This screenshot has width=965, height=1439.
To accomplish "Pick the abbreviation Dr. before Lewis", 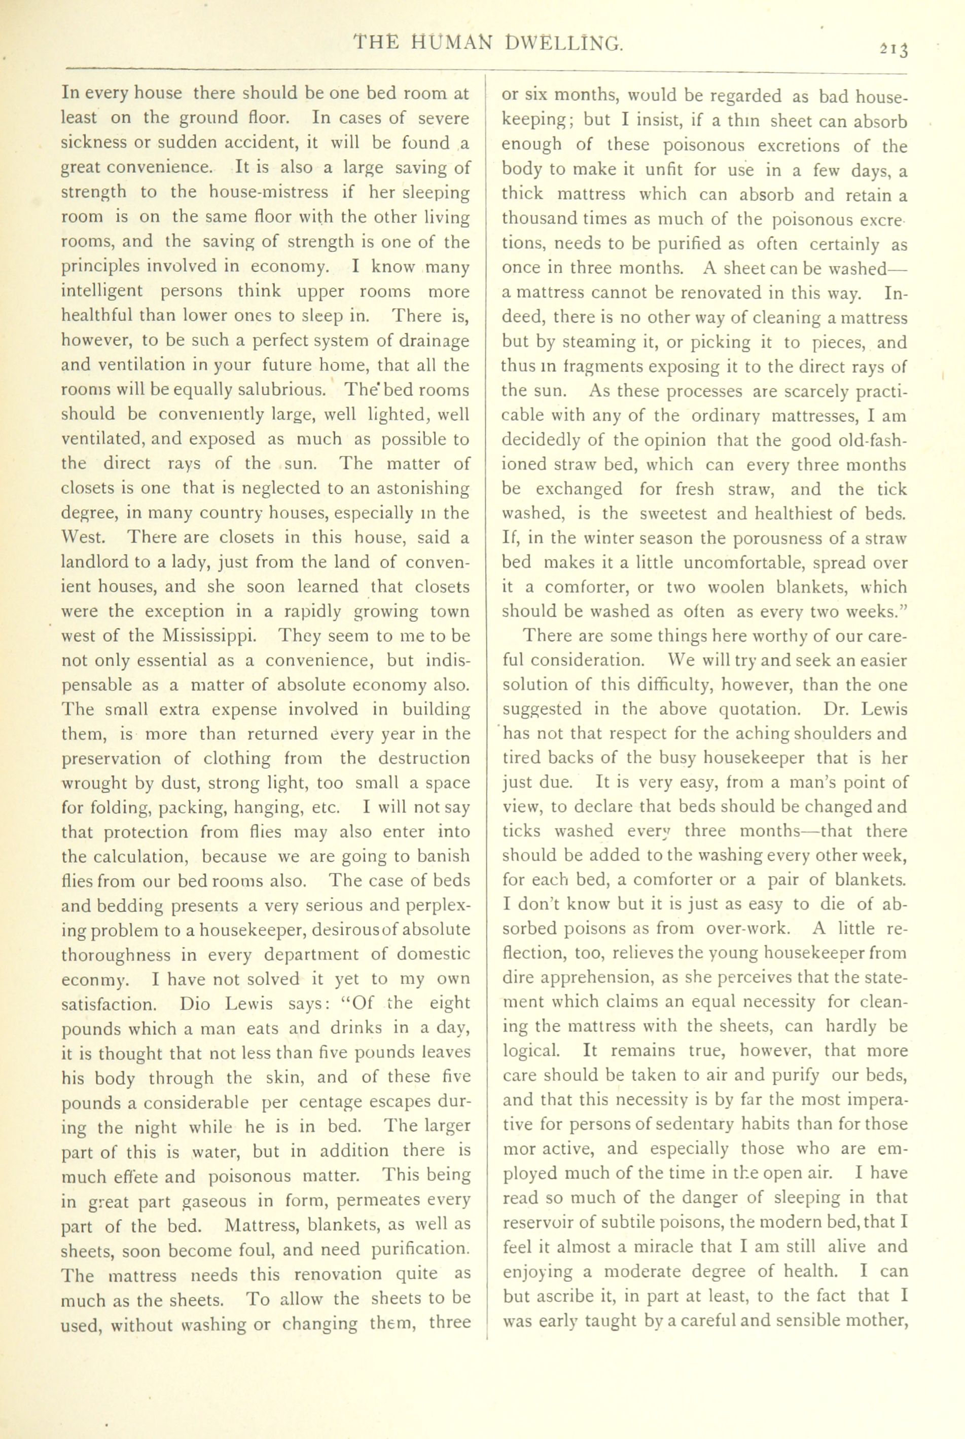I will pyautogui.click(x=835, y=709).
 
